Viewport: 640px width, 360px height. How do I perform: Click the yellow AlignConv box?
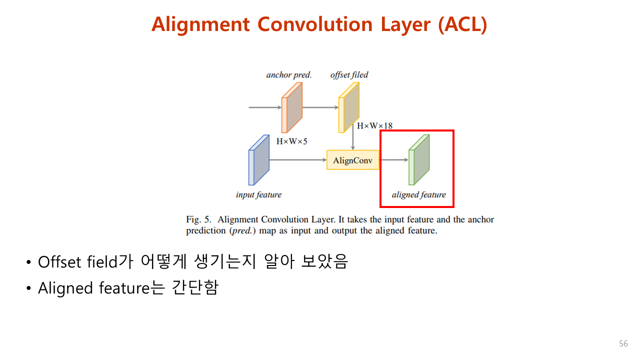[352, 160]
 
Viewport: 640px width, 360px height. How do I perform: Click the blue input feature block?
[259, 160]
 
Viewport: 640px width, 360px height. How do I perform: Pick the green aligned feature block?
[419, 160]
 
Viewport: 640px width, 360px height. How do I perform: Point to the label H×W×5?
[292, 141]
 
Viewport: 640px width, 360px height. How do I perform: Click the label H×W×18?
[374, 125]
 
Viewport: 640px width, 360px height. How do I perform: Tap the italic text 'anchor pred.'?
[289, 75]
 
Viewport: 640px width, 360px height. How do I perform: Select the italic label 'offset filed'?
[349, 75]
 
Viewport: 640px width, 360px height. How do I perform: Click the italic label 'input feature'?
[258, 194]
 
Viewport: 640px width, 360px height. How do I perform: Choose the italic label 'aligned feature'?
[418, 194]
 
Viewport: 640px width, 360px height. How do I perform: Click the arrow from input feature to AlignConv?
[297, 160]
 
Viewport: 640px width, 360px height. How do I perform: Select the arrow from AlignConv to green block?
[393, 160]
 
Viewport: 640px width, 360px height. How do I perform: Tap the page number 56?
[623, 344]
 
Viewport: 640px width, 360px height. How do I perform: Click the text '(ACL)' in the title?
[462, 24]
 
